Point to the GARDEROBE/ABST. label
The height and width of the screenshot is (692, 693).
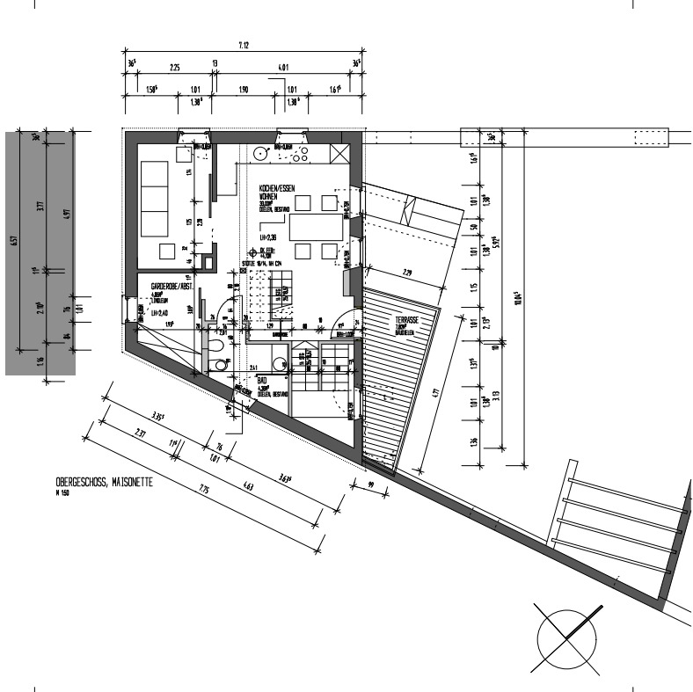point(172,288)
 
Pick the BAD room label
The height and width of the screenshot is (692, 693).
point(261,383)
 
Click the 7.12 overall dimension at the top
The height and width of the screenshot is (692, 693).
point(243,45)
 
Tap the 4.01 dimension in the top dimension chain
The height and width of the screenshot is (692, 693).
point(282,67)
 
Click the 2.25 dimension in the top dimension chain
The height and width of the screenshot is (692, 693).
point(174,67)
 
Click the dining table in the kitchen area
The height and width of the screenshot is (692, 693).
point(317,228)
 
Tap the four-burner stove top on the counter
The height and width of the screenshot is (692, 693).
point(299,155)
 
